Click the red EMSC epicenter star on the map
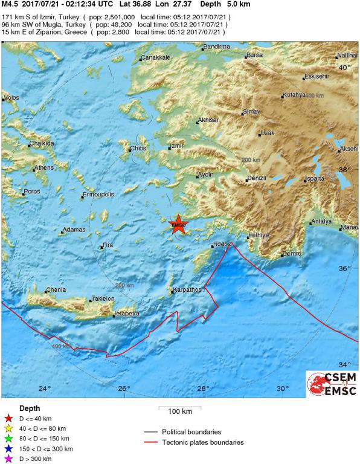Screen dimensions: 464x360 pos(179,225)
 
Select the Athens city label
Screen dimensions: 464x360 pos(43,167)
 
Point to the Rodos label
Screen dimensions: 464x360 pos(222,244)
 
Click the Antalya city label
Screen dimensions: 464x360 pos(321,221)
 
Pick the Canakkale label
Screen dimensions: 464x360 pos(156,57)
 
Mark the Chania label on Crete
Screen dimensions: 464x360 pos(56,290)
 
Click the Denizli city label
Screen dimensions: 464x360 pos(258,179)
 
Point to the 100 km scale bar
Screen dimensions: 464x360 pos(179,408)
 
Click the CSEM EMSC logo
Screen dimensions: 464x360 pos(332,385)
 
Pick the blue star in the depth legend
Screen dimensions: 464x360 pos(8,449)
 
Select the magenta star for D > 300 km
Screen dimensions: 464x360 pos(8,459)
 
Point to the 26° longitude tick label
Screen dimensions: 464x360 pos(124,388)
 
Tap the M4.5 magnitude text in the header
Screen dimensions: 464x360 pos(10,4)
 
